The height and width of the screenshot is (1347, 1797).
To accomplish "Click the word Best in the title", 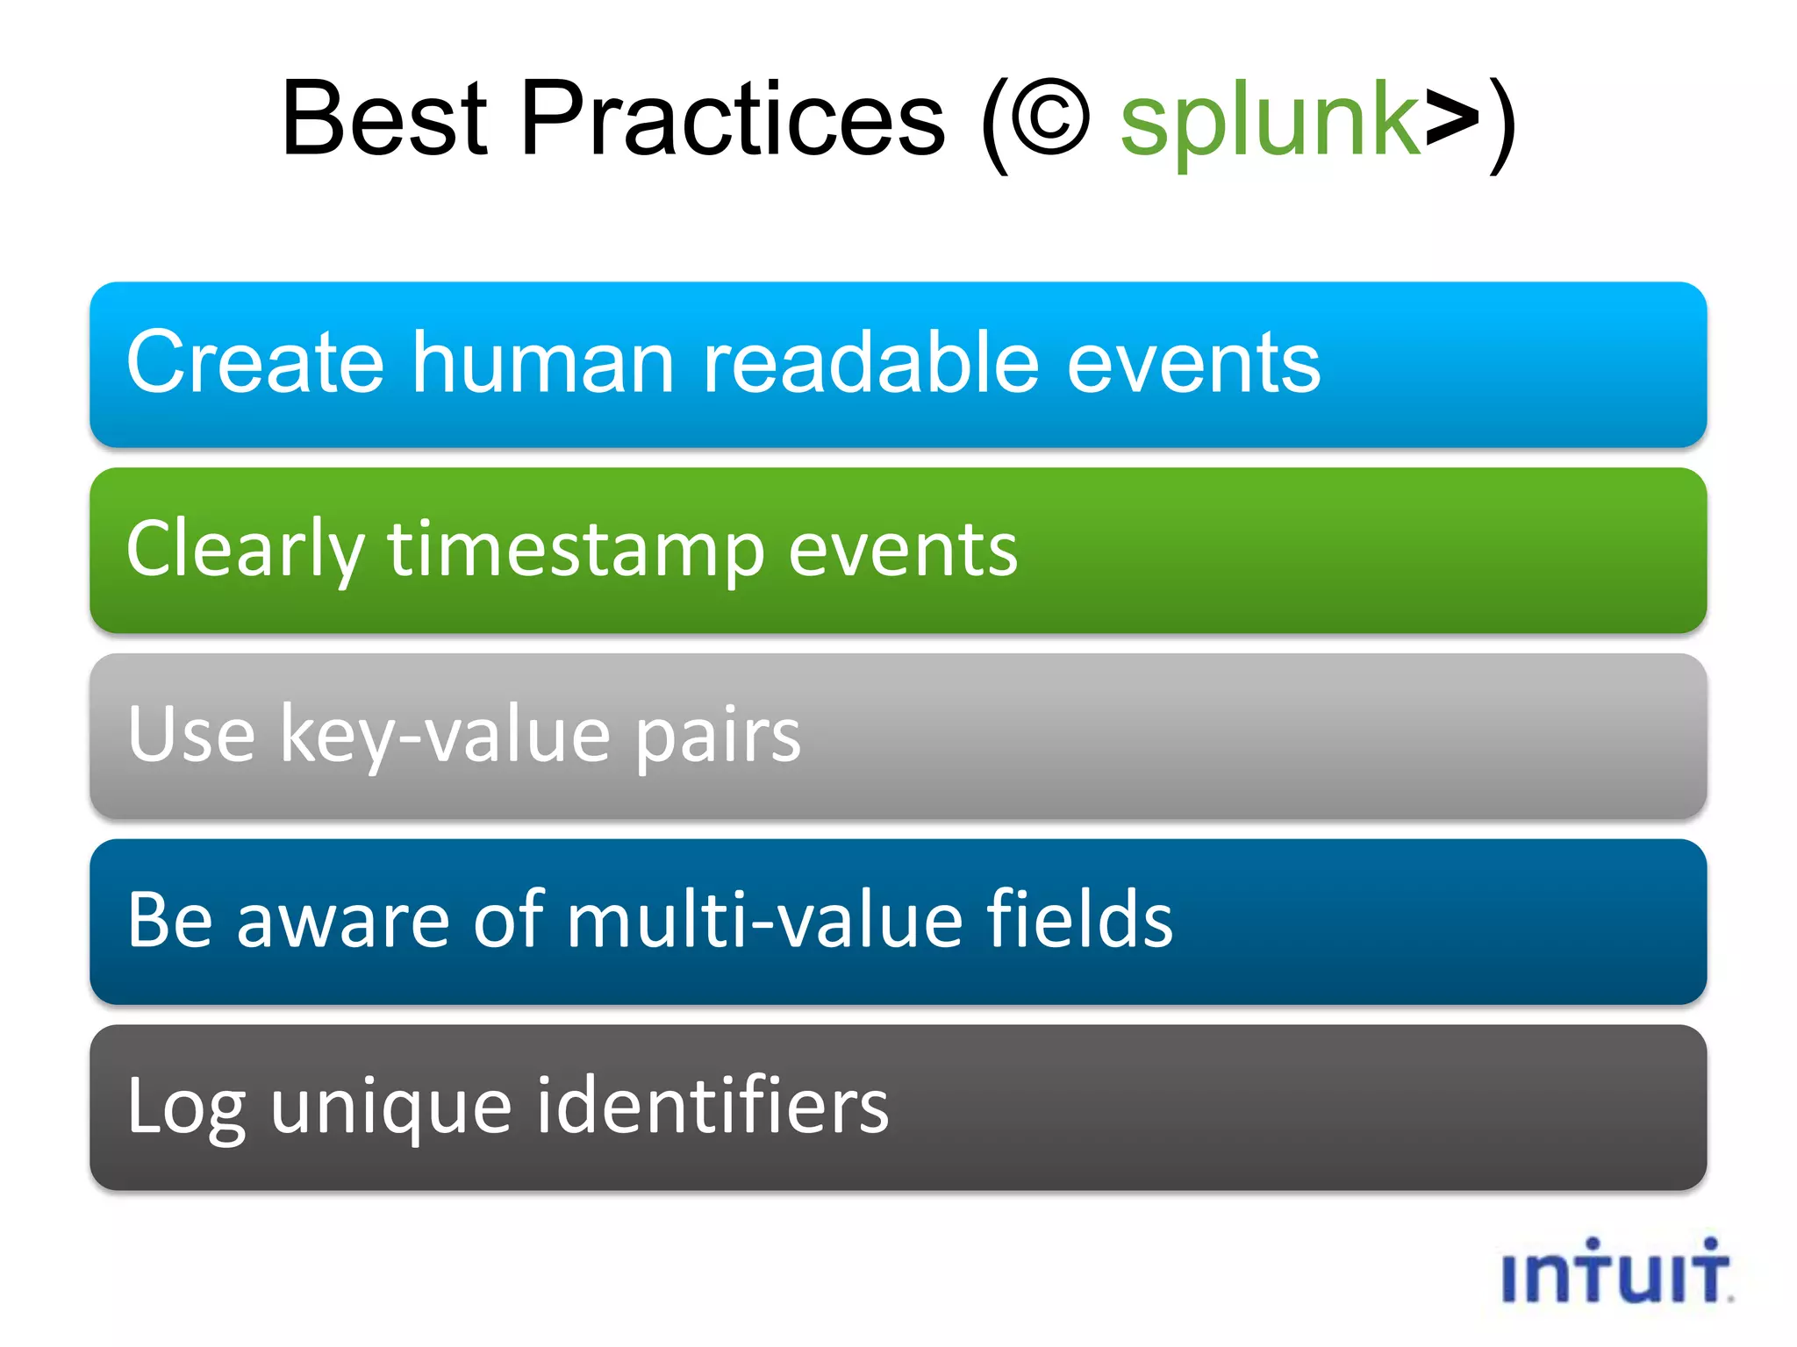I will point(384,119).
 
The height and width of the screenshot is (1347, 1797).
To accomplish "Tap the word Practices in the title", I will point(734,119).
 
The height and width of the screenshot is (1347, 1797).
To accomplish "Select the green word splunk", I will point(1270,123).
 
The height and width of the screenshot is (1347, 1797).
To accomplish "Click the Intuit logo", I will point(1615,1272).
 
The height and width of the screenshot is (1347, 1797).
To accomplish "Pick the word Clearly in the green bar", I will point(245,549).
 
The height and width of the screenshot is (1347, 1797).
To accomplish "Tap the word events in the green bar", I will point(903,551).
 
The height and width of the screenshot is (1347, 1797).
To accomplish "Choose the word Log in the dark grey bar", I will point(186,1107).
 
